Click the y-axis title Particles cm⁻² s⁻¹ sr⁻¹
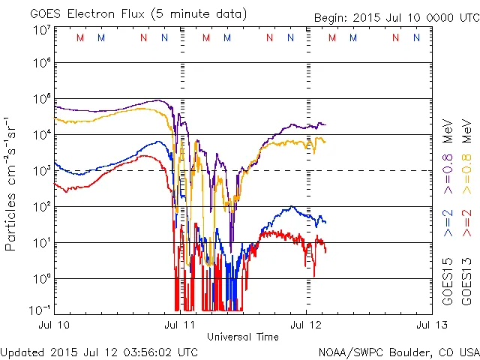pos(11,183)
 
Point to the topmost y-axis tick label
pos(42,29)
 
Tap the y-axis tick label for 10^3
pos(42,171)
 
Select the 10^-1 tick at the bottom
pos(40,310)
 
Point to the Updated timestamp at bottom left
pos(100,352)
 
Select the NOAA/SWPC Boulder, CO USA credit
pos(398,352)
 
